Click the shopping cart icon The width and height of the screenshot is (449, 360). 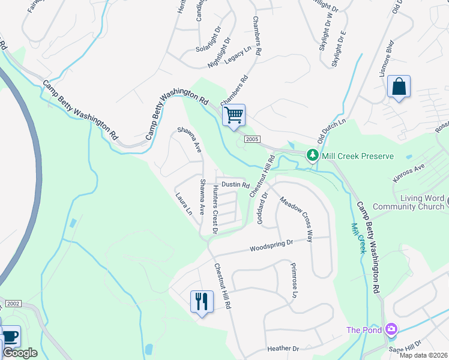click(x=234, y=114)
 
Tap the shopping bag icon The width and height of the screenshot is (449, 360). click(x=399, y=86)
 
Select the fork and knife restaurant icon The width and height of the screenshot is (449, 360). click(x=201, y=301)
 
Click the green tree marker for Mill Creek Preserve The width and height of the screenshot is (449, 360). click(x=312, y=155)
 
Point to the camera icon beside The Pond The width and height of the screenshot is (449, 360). click(x=391, y=329)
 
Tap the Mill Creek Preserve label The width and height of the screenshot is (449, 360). click(x=358, y=156)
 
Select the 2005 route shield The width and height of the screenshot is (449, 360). click(x=252, y=139)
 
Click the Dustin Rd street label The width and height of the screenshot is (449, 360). click(x=235, y=185)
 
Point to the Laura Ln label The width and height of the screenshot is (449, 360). click(x=184, y=204)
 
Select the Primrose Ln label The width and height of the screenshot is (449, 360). click(x=294, y=280)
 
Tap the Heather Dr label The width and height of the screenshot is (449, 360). click(x=283, y=349)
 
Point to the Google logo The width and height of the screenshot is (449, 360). click(x=20, y=353)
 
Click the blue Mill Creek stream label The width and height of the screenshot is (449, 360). click(x=358, y=238)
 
